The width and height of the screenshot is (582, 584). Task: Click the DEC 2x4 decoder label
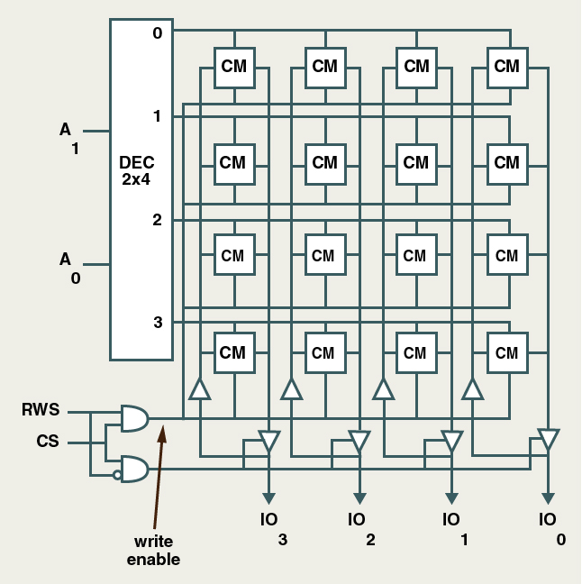click(x=137, y=170)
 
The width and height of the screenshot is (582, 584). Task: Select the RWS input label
click(x=41, y=411)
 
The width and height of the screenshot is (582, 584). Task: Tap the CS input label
click(x=48, y=443)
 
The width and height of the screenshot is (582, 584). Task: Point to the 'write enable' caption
click(x=153, y=551)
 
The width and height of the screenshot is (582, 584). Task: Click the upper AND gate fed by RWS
click(x=134, y=418)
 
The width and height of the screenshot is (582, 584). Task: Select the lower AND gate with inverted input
click(x=134, y=469)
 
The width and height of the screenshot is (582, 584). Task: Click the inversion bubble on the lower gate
click(x=117, y=475)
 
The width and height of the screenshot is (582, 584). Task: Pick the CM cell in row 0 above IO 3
click(x=233, y=67)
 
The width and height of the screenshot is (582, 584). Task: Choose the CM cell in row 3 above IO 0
click(x=507, y=353)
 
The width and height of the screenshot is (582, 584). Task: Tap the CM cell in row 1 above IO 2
click(x=324, y=163)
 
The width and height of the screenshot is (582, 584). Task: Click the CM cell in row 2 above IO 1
click(x=415, y=256)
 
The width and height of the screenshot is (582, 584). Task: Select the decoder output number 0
click(x=158, y=33)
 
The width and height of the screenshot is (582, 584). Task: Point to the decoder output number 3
click(x=158, y=322)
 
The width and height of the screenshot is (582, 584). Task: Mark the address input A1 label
click(x=69, y=138)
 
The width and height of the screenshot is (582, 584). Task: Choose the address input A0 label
click(x=69, y=268)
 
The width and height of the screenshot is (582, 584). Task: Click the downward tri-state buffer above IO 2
click(x=359, y=442)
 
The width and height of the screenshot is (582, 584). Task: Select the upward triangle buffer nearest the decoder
click(x=200, y=388)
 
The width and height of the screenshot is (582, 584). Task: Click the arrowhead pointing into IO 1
click(x=451, y=498)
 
